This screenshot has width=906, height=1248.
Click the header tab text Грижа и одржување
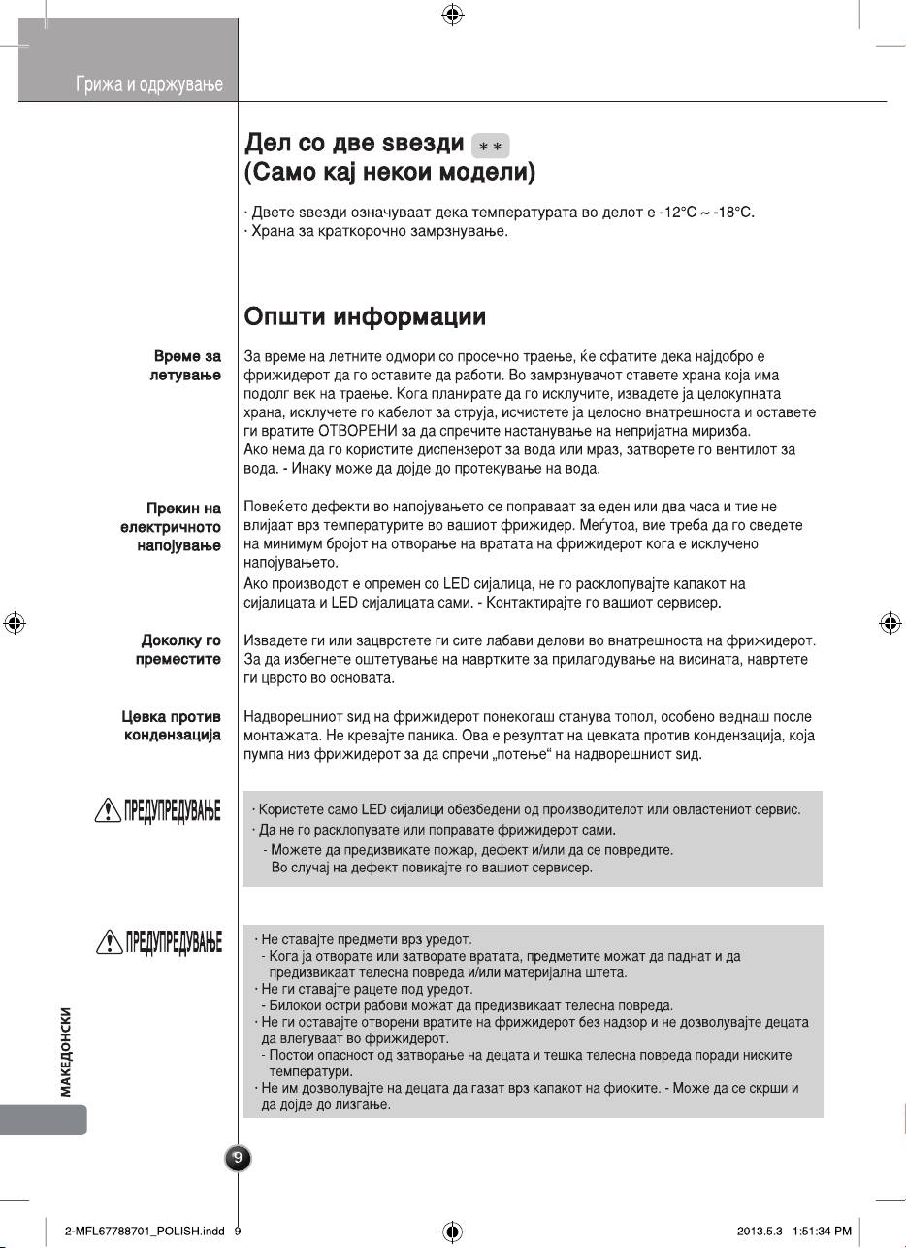click(x=149, y=85)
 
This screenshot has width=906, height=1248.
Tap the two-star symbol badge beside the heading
click(x=490, y=146)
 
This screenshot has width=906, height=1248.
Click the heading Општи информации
click(x=365, y=317)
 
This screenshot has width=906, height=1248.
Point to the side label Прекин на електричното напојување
click(x=164, y=528)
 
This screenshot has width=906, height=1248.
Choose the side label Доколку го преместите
click(x=180, y=650)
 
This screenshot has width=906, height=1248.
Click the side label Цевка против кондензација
click(x=170, y=726)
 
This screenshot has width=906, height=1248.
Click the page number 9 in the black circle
click(x=238, y=1157)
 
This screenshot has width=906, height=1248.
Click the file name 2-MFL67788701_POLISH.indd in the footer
click(x=145, y=1232)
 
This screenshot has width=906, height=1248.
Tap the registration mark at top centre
click(x=451, y=15)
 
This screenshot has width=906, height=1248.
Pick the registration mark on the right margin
click(x=890, y=623)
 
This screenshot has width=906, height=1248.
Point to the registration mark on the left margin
click(x=14, y=623)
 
